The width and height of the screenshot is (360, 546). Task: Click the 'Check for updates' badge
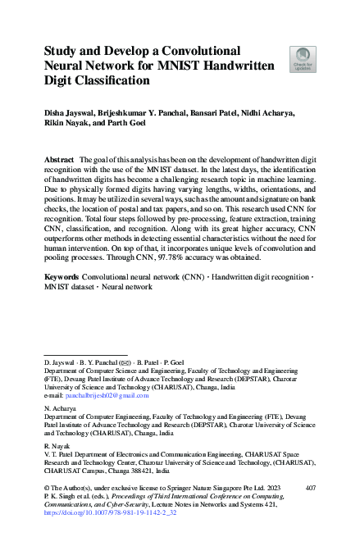coord(303,60)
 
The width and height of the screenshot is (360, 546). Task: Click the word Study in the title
coord(62,50)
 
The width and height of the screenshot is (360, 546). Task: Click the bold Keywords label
coord(62,278)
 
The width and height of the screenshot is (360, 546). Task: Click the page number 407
coord(309,487)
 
